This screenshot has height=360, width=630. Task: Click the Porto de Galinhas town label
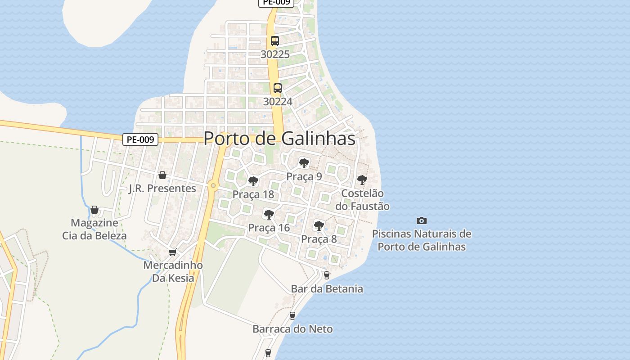tap(279, 138)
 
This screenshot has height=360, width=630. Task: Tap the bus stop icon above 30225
tap(275, 41)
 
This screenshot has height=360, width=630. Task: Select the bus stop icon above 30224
tap(278, 88)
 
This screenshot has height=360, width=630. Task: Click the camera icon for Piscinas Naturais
tap(422, 220)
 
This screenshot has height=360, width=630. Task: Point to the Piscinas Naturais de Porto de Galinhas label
tap(422, 240)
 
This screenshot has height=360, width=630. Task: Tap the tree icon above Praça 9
tap(304, 163)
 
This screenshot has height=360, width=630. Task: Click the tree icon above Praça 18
tap(253, 181)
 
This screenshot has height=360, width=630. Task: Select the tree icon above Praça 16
tap(269, 214)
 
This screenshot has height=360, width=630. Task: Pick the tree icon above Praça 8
tap(319, 225)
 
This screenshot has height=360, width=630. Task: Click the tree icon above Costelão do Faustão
tap(362, 180)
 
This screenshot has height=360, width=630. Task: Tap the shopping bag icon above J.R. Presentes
tap(162, 175)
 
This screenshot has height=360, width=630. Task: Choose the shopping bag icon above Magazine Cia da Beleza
tap(94, 210)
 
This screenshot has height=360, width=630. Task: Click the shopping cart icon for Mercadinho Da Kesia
tap(173, 252)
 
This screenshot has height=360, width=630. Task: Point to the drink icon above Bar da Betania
tap(327, 275)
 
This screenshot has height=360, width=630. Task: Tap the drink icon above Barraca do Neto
tap(292, 316)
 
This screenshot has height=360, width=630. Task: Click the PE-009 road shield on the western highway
tap(140, 139)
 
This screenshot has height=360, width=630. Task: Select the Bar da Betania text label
tap(327, 289)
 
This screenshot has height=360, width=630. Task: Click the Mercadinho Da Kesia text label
tap(173, 272)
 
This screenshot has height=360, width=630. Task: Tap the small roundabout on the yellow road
tap(213, 185)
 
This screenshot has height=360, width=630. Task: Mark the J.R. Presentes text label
tap(162, 189)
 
